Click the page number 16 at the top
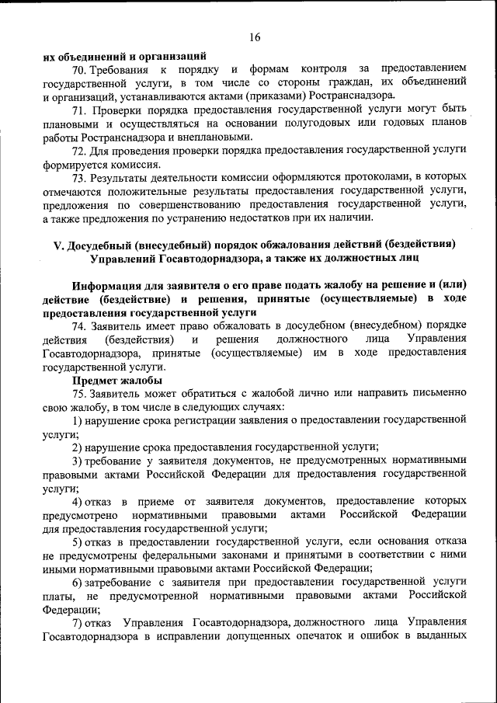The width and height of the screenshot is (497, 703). [255, 37]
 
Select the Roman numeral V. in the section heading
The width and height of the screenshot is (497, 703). [59, 244]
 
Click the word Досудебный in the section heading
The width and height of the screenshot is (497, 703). [105, 244]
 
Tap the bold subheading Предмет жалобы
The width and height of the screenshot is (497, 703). [117, 381]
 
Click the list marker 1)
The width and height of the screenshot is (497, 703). [78, 420]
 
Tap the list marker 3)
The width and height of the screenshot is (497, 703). [78, 461]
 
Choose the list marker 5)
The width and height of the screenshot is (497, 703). [78, 541]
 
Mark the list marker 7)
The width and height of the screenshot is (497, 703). [78, 622]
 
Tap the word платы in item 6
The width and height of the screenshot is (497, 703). [59, 595]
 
